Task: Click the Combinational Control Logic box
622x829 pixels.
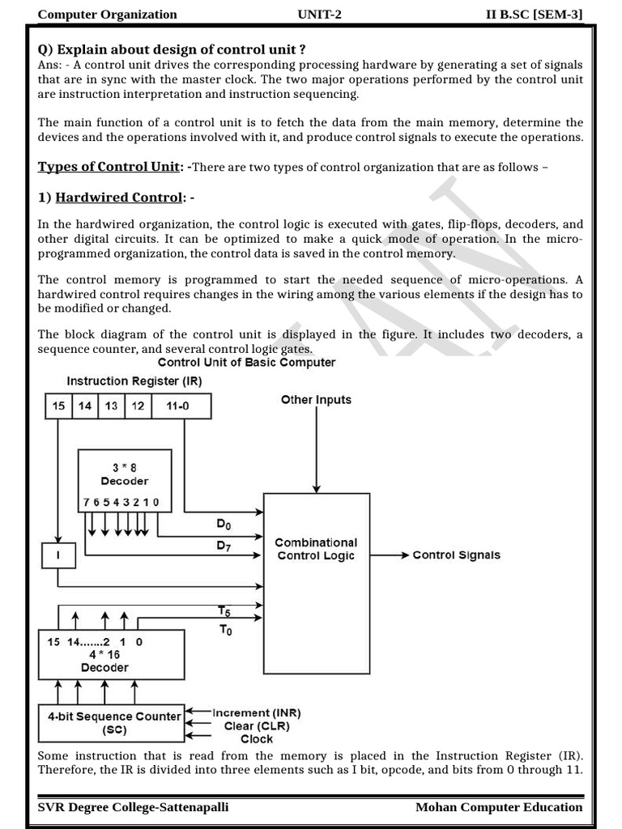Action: tap(316, 583)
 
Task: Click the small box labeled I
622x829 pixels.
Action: tap(58, 555)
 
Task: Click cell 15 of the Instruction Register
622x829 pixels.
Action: tap(58, 406)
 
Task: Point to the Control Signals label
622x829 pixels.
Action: tap(456, 555)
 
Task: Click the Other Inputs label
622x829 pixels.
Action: tap(316, 400)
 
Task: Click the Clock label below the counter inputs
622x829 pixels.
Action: tap(257, 739)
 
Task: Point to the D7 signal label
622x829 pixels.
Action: tap(224, 546)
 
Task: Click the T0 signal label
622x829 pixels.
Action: tap(226, 631)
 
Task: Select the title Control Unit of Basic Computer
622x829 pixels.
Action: tap(246, 363)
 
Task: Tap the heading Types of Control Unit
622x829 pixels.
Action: tap(109, 167)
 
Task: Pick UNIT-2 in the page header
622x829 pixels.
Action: tap(320, 14)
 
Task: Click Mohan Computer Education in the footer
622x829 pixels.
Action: tap(499, 806)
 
